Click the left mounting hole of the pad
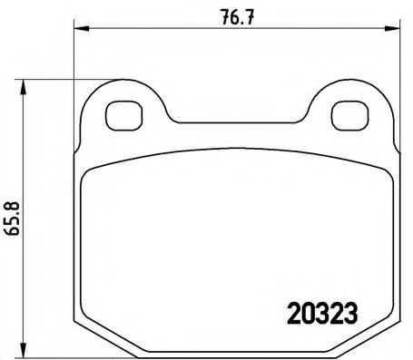(119, 115)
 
